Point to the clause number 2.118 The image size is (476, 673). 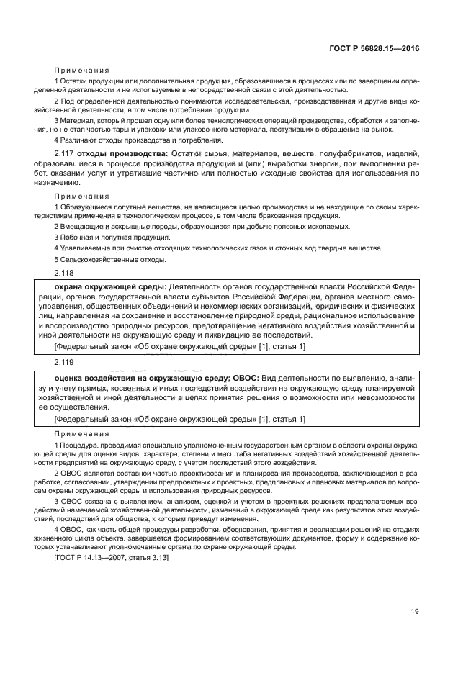click(x=65, y=274)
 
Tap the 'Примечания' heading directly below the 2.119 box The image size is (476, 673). click(x=81, y=434)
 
